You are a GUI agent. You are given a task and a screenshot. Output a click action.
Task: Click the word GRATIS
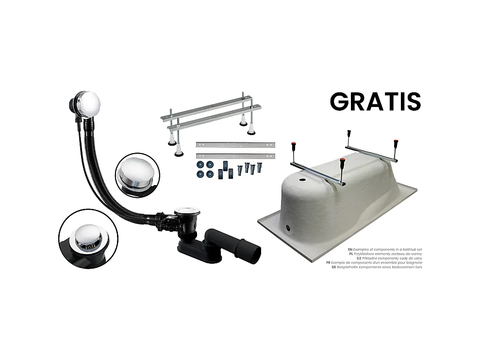point(375,101)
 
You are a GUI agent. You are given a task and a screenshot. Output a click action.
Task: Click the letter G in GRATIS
point(340,101)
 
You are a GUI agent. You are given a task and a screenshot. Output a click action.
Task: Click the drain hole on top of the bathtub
point(296,180)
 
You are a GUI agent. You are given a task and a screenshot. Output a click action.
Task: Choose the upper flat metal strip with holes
point(235,145)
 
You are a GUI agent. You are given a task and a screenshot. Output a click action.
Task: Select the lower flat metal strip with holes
point(235,156)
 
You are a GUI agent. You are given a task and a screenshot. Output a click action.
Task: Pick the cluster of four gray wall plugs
point(249,169)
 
